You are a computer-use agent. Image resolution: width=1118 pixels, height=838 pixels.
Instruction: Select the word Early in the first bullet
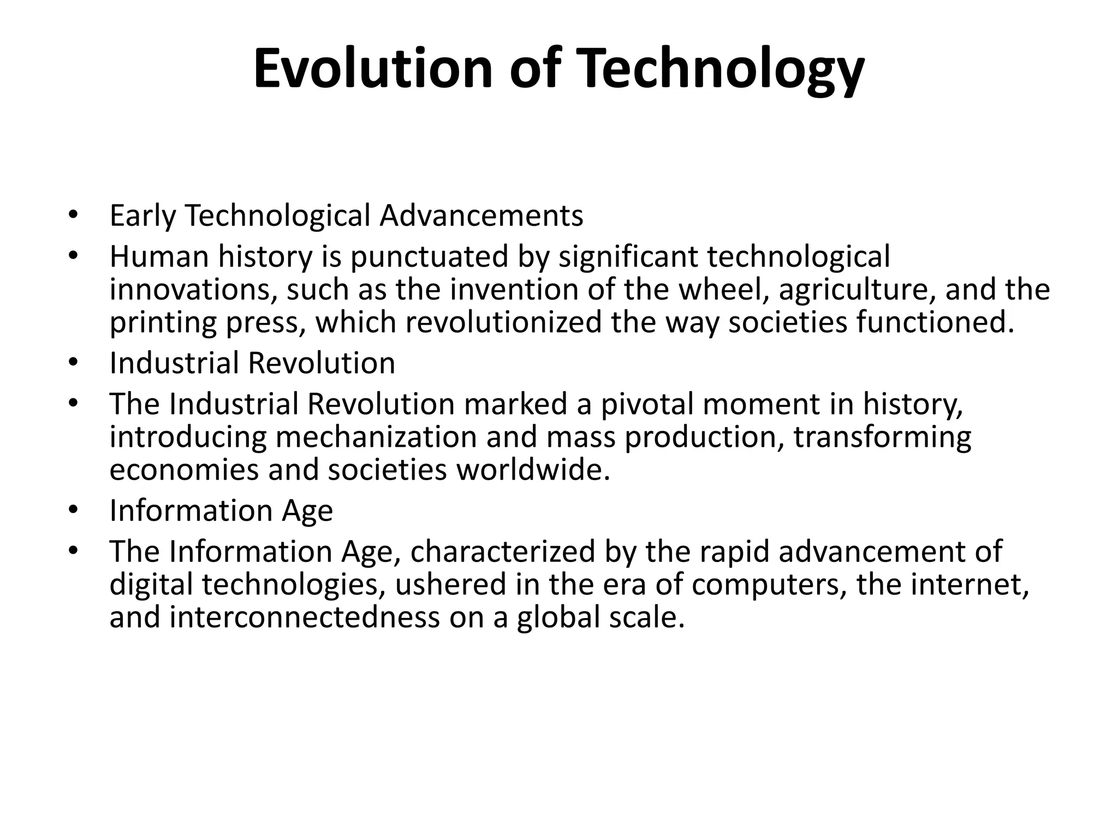(x=142, y=216)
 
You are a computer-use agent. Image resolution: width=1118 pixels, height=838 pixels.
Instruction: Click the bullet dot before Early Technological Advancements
(x=74, y=214)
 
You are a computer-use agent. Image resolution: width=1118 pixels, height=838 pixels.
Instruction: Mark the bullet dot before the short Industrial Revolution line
(x=74, y=362)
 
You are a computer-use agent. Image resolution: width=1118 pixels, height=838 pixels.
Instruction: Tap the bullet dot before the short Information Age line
(x=74, y=510)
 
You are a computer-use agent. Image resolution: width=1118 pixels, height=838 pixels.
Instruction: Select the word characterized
(x=502, y=552)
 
